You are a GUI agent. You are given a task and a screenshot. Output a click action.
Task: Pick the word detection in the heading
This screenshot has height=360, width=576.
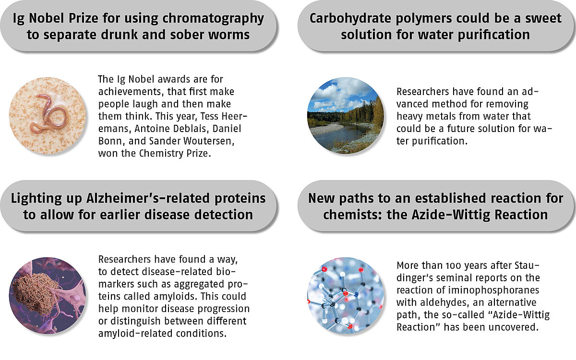221,215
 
